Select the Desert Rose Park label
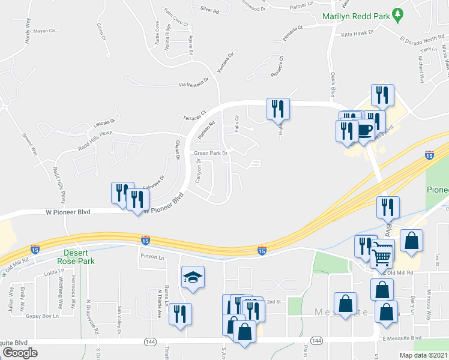(x=77, y=257)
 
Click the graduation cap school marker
(x=193, y=277)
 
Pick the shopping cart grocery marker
(x=382, y=257)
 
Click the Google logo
(x=20, y=353)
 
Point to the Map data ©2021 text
(x=424, y=355)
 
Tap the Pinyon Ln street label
(x=152, y=257)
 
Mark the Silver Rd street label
(x=209, y=10)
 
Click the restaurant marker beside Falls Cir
(x=278, y=110)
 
